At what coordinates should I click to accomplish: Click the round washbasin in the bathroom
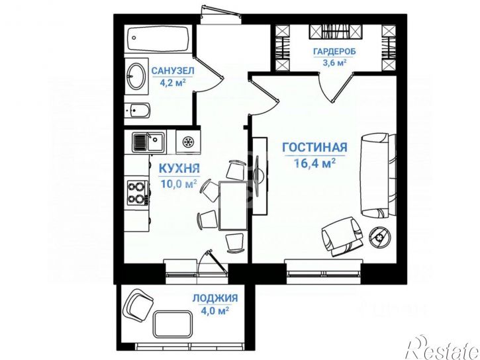click(137, 76)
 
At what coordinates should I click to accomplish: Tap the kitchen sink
click(147, 142)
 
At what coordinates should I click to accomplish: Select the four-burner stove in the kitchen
click(137, 192)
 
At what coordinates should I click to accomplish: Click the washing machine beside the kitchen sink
click(187, 142)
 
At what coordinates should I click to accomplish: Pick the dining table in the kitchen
click(232, 205)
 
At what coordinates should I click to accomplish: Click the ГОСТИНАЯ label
click(314, 147)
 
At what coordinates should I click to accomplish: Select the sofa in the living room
click(378, 175)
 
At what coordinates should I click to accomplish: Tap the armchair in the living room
click(342, 236)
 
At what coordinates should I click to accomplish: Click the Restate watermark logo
click(442, 346)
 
